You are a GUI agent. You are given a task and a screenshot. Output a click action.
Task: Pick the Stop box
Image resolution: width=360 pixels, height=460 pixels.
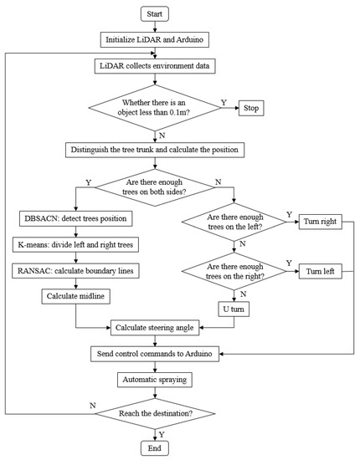pyautogui.click(x=258, y=107)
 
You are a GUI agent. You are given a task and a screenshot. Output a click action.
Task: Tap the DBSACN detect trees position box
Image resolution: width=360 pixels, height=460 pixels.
pyautogui.click(x=76, y=219)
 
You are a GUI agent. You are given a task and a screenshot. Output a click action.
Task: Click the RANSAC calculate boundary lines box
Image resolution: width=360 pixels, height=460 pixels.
pyautogui.click(x=76, y=270)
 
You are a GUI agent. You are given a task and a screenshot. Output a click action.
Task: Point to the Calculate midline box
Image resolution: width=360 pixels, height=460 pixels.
pyautogui.click(x=76, y=295)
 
